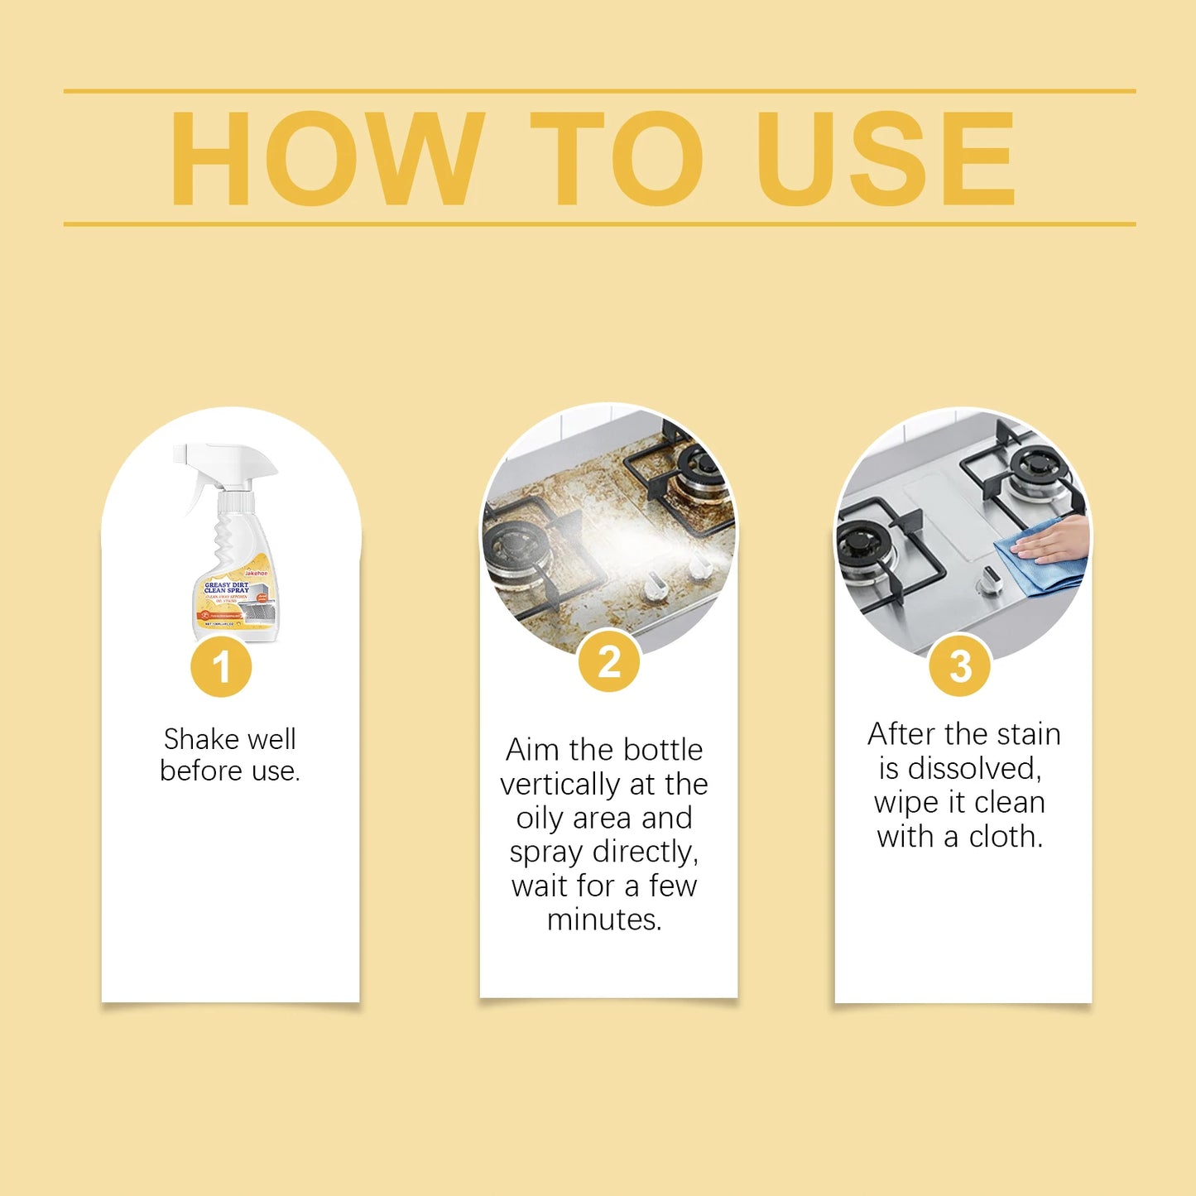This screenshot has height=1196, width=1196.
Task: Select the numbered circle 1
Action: (221, 667)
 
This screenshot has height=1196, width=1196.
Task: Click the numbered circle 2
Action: (609, 662)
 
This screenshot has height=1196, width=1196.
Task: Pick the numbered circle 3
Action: (959, 667)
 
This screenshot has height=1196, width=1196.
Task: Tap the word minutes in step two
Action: (604, 920)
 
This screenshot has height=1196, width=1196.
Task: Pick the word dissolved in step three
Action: (973, 769)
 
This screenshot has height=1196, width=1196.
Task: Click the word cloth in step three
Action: (1006, 837)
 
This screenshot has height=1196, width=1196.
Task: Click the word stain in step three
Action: (1028, 734)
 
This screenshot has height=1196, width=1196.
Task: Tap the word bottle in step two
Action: (662, 750)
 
